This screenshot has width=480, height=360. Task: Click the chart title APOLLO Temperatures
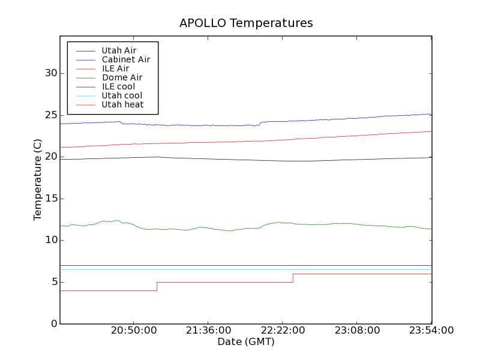tap(246, 23)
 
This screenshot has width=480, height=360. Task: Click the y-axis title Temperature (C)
tap(38, 179)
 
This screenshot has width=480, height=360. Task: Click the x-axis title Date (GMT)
tap(246, 342)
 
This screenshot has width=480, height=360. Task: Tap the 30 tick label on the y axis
tap(50, 73)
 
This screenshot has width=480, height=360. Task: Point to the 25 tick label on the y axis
tap(50, 115)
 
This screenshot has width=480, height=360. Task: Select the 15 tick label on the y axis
tap(50, 199)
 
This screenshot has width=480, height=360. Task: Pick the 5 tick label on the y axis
tap(53, 282)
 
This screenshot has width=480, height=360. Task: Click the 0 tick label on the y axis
tap(53, 324)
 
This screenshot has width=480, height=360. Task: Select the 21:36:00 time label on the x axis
tap(208, 331)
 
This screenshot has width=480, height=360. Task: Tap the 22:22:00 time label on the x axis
tap(282, 331)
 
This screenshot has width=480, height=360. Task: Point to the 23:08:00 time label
tap(356, 331)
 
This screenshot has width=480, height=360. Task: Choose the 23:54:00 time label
tap(431, 331)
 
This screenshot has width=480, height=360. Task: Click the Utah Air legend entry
tap(119, 50)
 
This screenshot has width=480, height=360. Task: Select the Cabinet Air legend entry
tap(125, 59)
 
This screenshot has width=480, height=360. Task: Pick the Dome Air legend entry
tap(122, 77)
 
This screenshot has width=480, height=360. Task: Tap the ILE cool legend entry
tap(118, 86)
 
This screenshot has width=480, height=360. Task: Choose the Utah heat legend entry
tap(122, 104)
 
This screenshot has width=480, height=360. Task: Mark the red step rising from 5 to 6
tap(293, 278)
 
